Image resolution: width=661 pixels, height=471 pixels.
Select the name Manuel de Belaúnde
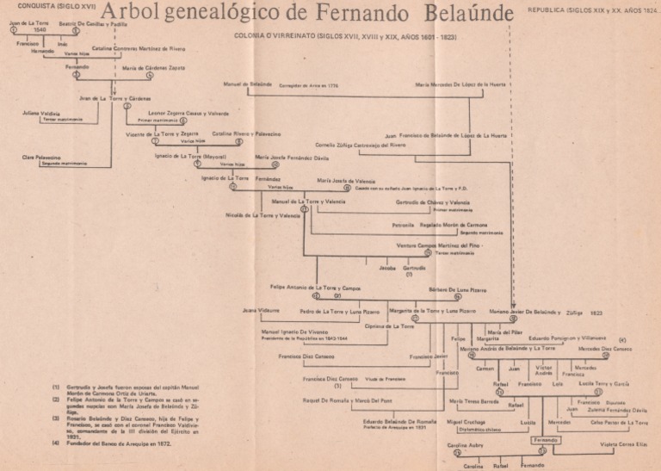(x=247, y=85)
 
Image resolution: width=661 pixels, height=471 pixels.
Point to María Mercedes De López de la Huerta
(x=460, y=85)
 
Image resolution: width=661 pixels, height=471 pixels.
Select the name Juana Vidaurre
(x=262, y=309)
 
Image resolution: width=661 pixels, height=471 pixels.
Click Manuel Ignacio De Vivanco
(x=288, y=331)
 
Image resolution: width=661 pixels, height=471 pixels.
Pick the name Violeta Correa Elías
(x=624, y=445)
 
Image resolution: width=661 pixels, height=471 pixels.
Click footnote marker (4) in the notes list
(x=56, y=443)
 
